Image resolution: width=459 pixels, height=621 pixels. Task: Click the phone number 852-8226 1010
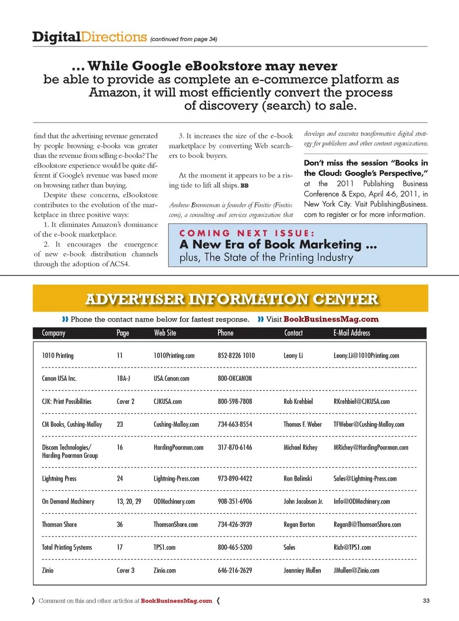click(x=236, y=355)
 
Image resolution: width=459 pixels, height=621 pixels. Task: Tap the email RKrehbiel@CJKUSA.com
click(x=361, y=401)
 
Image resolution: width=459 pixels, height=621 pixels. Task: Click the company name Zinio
click(x=48, y=570)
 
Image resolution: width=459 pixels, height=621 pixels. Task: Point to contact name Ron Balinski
click(x=297, y=478)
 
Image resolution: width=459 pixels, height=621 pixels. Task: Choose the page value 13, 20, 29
click(x=129, y=501)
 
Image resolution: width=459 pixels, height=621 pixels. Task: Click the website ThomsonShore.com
click(x=175, y=524)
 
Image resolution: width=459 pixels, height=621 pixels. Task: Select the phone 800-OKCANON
click(x=235, y=378)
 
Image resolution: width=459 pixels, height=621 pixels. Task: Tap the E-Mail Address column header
click(x=351, y=333)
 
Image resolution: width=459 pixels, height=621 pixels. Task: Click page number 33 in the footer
click(x=426, y=601)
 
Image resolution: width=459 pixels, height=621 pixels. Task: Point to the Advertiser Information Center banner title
click(x=231, y=299)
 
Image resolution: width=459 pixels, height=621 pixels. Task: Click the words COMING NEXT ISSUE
click(x=247, y=233)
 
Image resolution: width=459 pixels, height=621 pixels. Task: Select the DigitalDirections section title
click(x=89, y=37)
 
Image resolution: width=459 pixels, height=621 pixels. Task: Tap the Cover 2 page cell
click(x=125, y=401)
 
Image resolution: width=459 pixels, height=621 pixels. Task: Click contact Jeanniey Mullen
click(x=302, y=570)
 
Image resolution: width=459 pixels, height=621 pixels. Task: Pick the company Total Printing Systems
click(x=67, y=547)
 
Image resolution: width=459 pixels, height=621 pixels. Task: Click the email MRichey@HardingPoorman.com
click(x=371, y=447)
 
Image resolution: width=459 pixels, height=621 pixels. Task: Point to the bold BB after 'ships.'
click(x=244, y=186)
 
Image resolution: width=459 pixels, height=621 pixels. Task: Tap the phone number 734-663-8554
click(x=235, y=424)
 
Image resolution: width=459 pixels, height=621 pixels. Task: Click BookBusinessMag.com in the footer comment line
click(x=176, y=601)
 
